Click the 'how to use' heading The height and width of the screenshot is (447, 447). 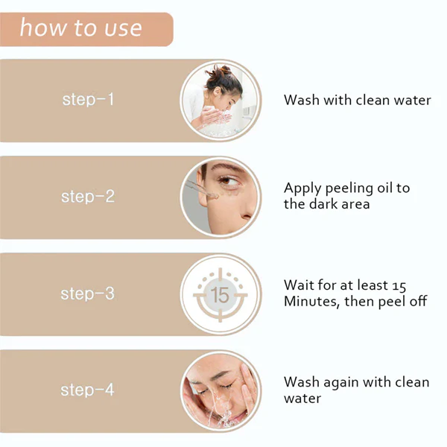pos(80,28)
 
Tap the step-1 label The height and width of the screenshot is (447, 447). pos(88,99)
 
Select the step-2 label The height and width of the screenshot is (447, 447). pos(88,197)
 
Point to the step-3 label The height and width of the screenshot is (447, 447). pos(88,294)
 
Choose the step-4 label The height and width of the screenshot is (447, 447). pos(88,390)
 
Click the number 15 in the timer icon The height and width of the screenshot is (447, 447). pos(221,294)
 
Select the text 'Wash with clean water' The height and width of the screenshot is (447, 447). pos(357,100)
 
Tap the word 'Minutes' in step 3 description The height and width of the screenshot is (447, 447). pos(311,302)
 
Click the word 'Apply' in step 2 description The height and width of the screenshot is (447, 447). pos(301,188)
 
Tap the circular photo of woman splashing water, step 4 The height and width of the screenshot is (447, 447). pos(221,390)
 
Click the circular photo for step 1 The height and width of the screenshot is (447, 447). pos(221,100)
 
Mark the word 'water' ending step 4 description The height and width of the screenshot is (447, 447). pos(302,399)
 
